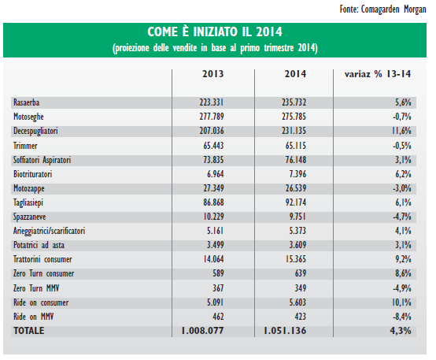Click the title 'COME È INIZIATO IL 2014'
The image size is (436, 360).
point(215,32)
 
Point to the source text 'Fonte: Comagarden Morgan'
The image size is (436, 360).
point(382,9)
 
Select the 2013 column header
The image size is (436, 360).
point(212,74)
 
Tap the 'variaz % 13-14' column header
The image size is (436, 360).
point(378,74)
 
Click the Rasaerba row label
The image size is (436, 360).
point(27,102)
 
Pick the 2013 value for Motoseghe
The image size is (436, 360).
point(212,117)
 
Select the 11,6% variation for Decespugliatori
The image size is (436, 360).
point(401,131)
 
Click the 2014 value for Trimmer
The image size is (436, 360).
point(296,145)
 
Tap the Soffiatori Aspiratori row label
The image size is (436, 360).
point(42,160)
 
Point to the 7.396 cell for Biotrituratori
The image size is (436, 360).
point(297,174)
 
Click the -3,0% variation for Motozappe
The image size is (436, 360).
point(402,188)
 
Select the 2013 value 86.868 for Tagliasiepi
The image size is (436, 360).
point(213,202)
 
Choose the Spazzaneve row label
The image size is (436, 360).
point(29,217)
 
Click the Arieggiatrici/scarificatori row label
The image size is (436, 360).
point(50,231)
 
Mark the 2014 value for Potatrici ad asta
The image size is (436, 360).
point(297,245)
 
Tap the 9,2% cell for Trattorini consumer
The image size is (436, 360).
point(403,259)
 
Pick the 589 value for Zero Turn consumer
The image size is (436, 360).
point(218,273)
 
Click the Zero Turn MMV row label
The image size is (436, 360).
point(36,288)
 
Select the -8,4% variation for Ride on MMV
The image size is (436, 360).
point(402,317)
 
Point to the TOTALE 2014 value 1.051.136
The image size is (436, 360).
point(285,331)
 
